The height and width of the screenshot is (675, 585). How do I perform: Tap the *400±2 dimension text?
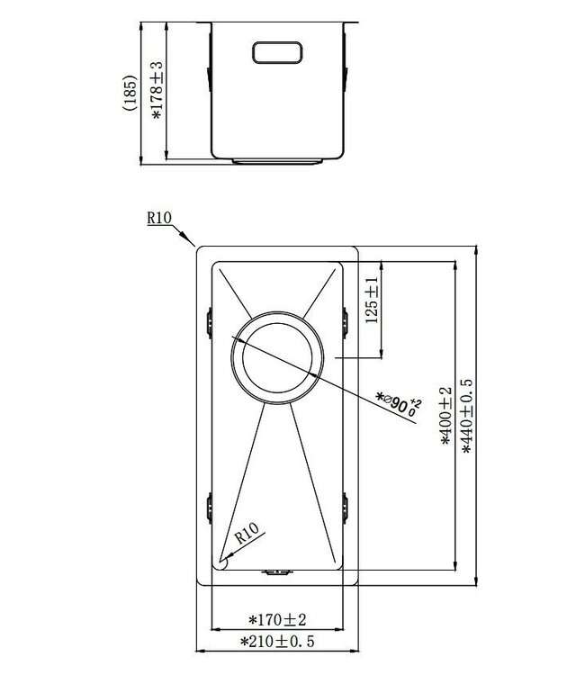[444, 416]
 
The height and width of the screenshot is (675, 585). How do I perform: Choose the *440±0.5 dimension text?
[466, 416]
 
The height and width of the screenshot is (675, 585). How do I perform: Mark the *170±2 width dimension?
[277, 619]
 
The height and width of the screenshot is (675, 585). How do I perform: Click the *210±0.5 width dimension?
[277, 642]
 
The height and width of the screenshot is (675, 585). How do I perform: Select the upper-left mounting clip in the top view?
[210, 319]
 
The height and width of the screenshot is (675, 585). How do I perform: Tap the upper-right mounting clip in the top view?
[345, 319]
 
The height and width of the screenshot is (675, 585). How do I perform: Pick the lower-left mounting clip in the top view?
[210, 506]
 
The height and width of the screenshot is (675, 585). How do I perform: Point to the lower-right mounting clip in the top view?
[345, 506]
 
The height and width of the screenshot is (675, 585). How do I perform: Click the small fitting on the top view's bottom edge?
[276, 570]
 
